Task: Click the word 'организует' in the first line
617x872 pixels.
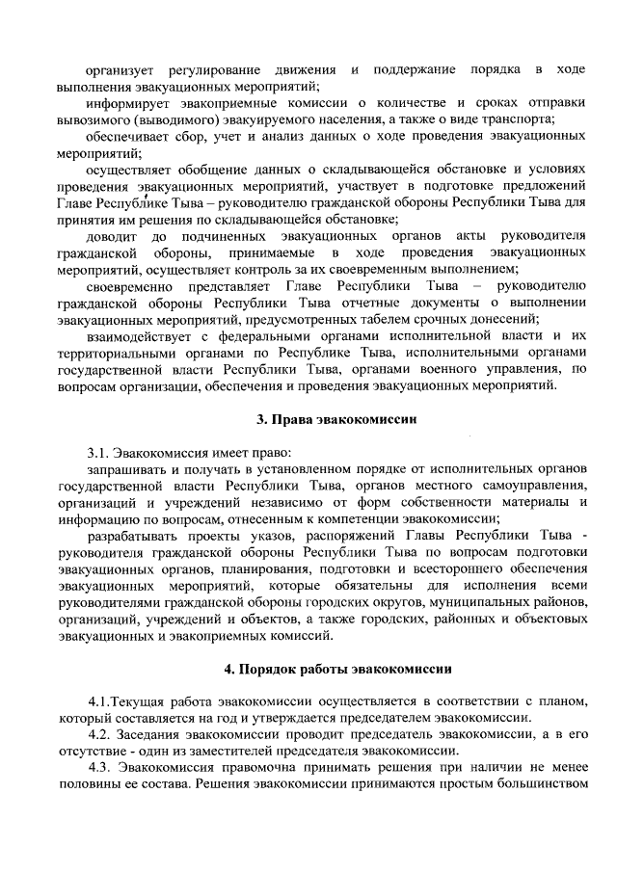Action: (119, 69)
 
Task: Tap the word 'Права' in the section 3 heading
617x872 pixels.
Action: (288, 420)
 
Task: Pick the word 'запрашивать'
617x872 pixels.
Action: (124, 469)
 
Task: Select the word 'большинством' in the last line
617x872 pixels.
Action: (540, 786)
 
